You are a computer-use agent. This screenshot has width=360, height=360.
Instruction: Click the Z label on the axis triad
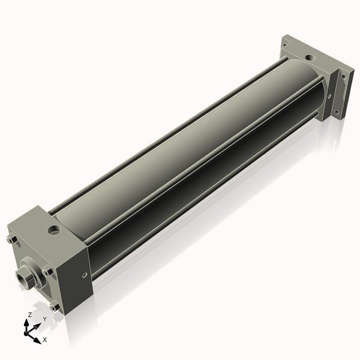tap(30, 314)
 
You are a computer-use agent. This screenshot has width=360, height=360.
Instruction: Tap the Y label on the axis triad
tap(44, 319)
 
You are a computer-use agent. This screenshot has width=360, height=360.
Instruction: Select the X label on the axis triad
tap(44, 340)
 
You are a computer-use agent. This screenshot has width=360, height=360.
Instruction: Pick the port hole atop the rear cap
tap(310, 58)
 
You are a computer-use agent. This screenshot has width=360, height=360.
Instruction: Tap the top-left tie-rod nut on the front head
tap(11, 241)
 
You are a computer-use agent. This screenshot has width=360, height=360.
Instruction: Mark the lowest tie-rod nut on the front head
tap(55, 306)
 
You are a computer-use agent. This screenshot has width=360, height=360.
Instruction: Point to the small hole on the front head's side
tap(83, 275)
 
